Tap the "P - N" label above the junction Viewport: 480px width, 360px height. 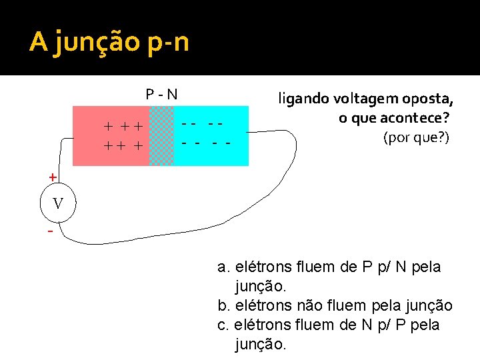coord(162,94)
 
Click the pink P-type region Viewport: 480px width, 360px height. coord(110,135)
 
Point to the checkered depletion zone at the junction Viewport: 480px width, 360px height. coord(161,135)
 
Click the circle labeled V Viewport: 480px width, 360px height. coord(58,203)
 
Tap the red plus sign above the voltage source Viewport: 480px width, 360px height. coord(52,177)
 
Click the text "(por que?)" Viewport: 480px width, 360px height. coord(417,137)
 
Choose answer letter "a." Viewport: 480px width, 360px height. coord(224,267)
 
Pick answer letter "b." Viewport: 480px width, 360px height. coord(224,306)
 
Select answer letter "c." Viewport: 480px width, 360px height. coord(224,325)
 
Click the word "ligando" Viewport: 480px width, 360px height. coord(300,100)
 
